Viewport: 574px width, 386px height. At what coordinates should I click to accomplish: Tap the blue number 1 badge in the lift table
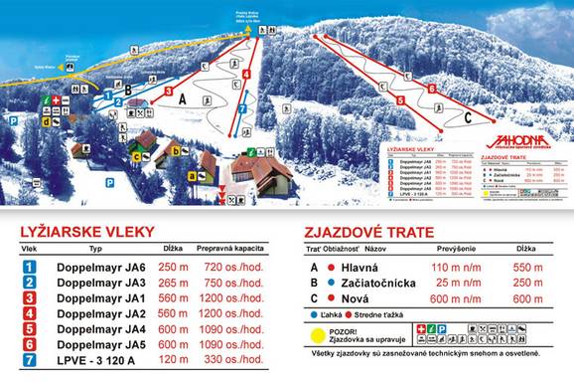point(30,268)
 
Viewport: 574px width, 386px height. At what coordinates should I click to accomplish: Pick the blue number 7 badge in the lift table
point(30,359)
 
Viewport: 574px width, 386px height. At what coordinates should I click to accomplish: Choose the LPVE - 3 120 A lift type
point(97,359)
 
